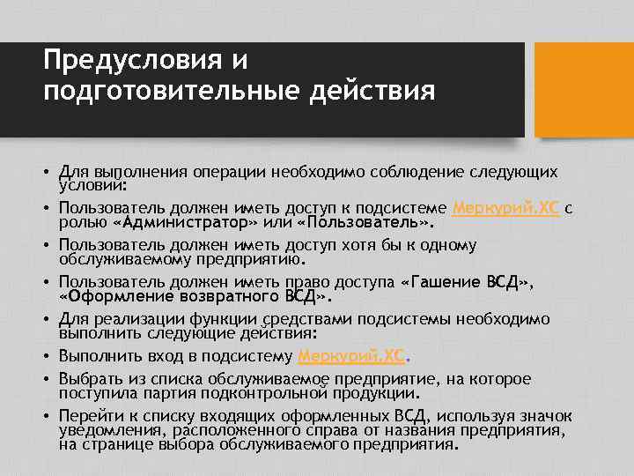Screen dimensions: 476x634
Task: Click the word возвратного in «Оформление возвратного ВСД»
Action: [228, 297]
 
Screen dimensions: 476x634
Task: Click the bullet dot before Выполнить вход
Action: [47, 357]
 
